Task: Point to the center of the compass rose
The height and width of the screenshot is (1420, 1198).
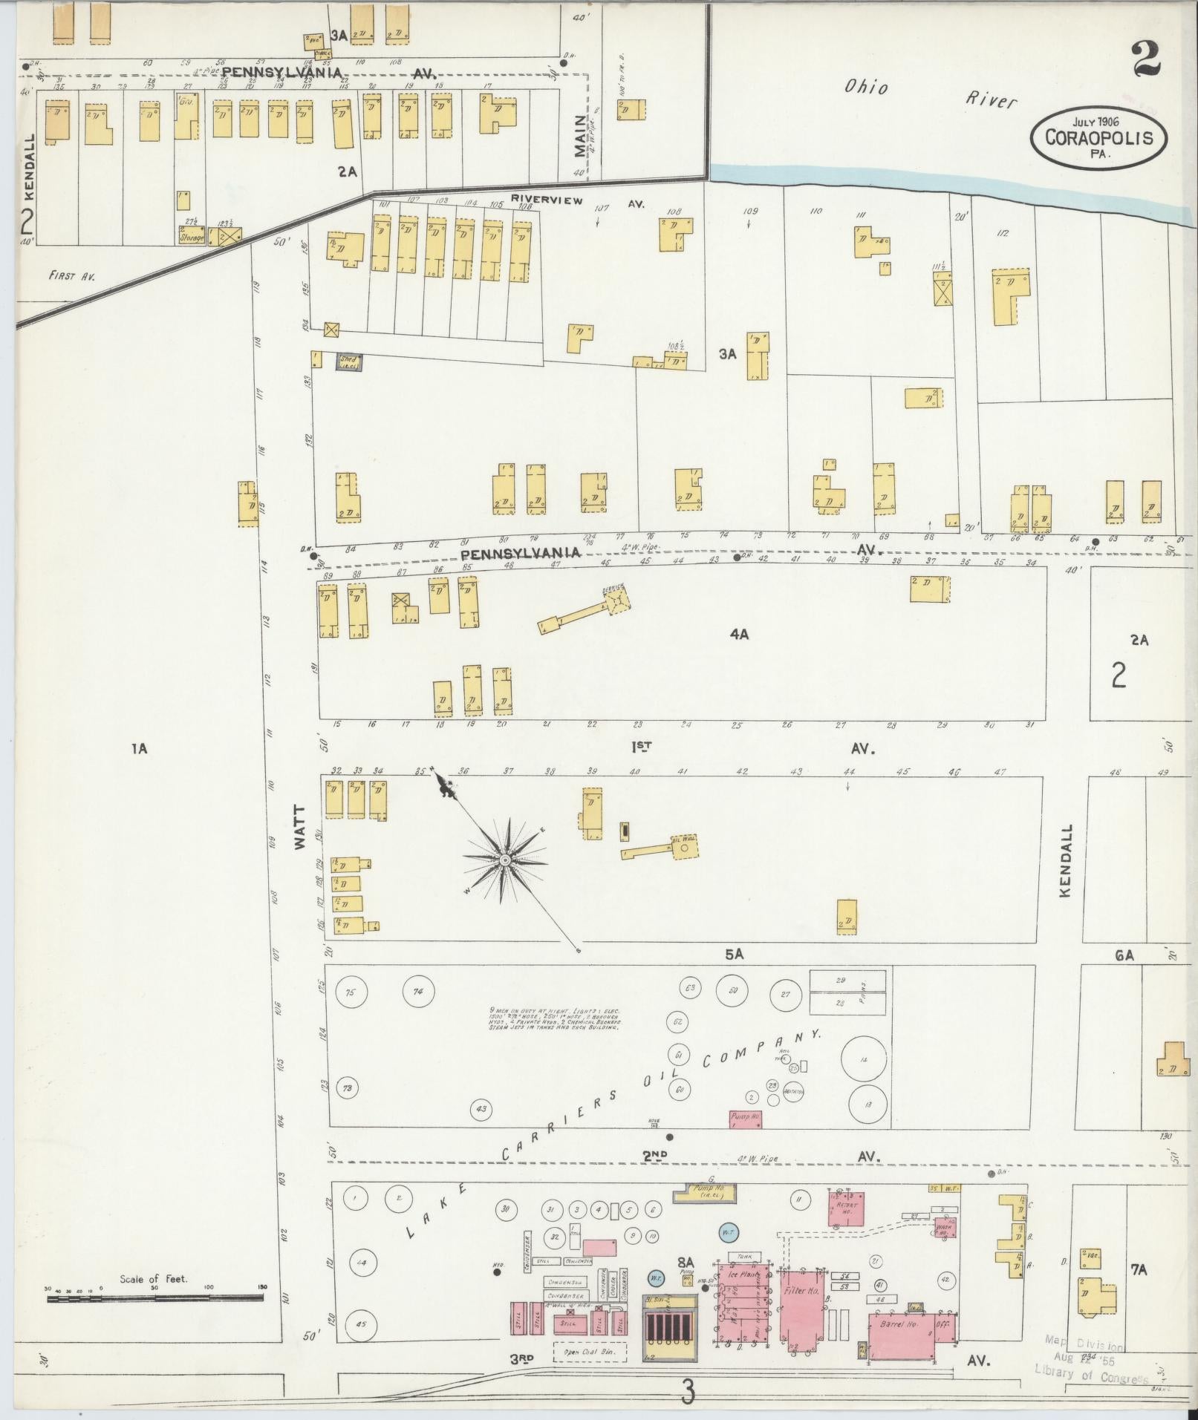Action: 505,859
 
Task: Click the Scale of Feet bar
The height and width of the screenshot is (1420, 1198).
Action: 154,1298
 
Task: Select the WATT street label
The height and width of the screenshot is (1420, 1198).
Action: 300,827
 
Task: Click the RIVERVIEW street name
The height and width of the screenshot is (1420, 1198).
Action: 547,200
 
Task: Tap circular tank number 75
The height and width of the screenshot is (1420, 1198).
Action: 351,992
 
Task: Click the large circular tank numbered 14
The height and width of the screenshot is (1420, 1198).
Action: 863,1060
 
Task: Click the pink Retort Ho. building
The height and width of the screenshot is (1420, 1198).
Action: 847,1208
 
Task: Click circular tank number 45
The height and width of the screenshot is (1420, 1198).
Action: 362,1324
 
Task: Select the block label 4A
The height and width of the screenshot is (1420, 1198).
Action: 738,634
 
